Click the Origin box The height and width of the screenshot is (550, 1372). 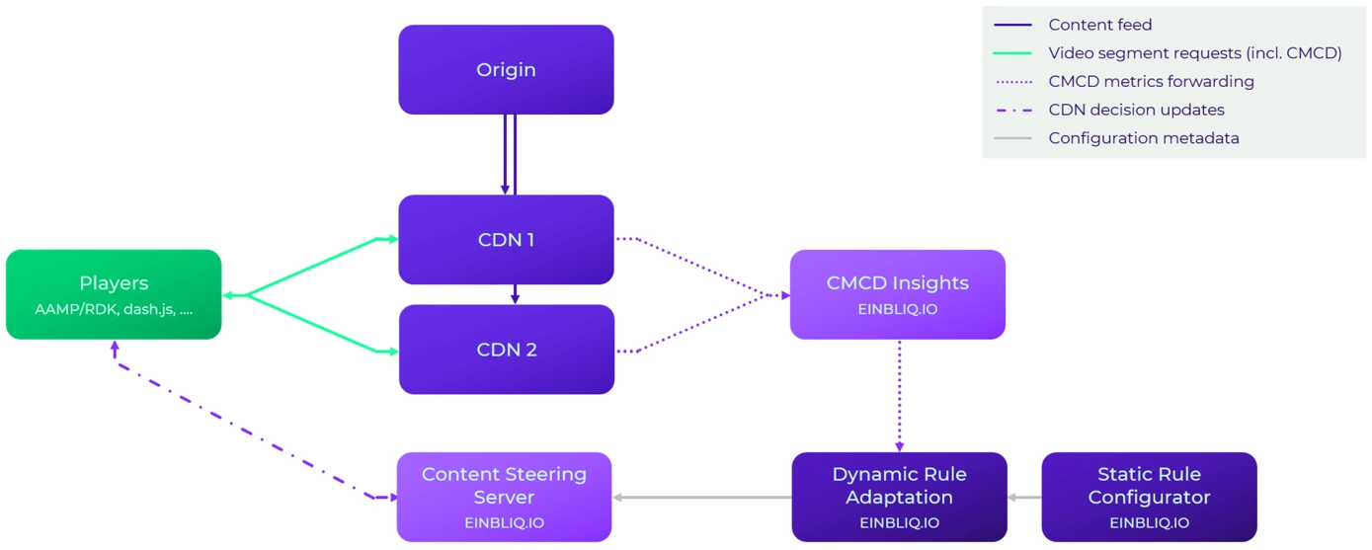[x=506, y=69]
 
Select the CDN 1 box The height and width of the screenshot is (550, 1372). [x=506, y=239]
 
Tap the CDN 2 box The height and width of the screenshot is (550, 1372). [x=506, y=349]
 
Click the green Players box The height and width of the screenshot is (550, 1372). [x=114, y=294]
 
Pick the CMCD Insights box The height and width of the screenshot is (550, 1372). [x=897, y=294]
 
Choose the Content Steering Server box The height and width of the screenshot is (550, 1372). [x=504, y=497]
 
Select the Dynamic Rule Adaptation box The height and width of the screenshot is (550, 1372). [x=899, y=497]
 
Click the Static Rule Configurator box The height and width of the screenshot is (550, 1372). [x=1149, y=497]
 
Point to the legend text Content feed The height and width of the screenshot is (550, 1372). [x=1099, y=25]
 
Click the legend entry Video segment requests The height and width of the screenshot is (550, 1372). [x=1194, y=53]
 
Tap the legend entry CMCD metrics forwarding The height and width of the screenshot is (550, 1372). [x=1151, y=82]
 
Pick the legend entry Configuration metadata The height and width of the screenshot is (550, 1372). [x=1143, y=138]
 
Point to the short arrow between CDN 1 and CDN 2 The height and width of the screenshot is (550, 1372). [x=515, y=294]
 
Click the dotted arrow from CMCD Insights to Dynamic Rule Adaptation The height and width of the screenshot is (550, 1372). [x=899, y=395]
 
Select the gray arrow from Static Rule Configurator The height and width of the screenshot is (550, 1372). [x=1024, y=498]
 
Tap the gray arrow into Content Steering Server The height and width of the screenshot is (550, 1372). [x=701, y=498]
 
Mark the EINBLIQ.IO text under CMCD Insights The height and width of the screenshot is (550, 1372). [x=897, y=310]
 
